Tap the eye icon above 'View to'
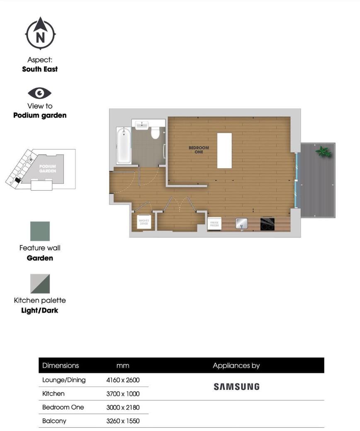click(x=40, y=93)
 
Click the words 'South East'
click(x=40, y=69)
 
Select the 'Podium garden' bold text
click(x=40, y=115)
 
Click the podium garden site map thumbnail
click(x=41, y=169)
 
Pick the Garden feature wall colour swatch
click(x=40, y=231)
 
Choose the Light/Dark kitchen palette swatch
click(x=40, y=284)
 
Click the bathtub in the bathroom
click(x=124, y=146)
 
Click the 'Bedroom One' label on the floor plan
click(x=199, y=150)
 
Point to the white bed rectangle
click(x=224, y=150)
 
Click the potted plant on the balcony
click(x=323, y=152)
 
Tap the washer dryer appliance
click(x=144, y=223)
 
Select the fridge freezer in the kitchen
click(x=214, y=224)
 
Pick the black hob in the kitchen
click(x=267, y=224)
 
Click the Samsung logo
click(x=236, y=387)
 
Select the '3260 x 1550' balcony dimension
click(x=123, y=421)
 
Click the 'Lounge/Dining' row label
click(x=64, y=380)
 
